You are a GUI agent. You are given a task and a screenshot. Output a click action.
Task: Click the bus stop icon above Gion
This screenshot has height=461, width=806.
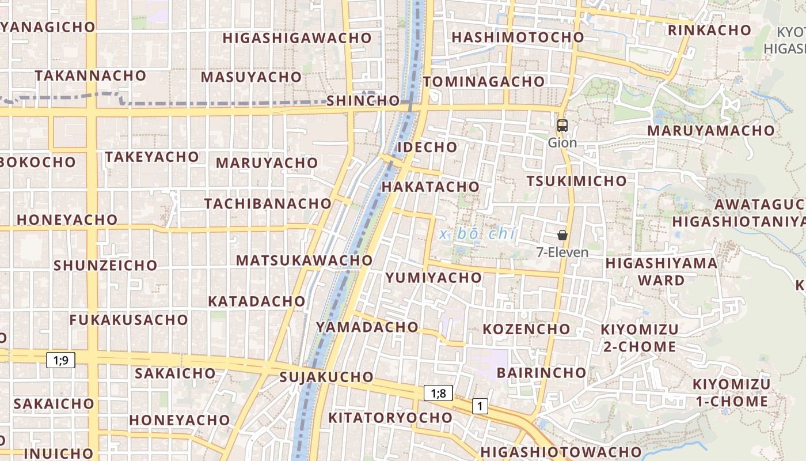[x=562, y=125]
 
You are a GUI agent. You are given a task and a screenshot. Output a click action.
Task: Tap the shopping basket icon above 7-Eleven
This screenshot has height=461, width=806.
[x=562, y=235]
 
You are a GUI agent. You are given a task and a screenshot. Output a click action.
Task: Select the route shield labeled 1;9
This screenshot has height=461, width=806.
[x=60, y=361]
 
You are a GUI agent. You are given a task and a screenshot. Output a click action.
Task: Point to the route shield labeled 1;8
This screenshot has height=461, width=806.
[x=438, y=394]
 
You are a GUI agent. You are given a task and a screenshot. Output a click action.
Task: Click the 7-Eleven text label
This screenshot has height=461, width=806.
[x=562, y=252]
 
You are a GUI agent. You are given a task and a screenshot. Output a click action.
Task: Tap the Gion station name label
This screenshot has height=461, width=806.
[x=562, y=142]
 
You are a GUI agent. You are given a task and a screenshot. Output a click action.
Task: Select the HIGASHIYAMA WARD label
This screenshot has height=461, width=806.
[x=661, y=272]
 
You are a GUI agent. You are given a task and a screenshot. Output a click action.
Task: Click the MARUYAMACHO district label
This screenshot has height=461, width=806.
[x=711, y=130]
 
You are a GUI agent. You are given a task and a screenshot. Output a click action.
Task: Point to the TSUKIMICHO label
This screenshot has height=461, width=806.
[x=576, y=181]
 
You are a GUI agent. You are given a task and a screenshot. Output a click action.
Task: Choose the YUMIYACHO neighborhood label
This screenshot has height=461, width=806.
[x=434, y=278]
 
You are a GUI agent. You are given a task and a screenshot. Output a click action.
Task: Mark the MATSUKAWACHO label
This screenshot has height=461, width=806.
[x=305, y=260]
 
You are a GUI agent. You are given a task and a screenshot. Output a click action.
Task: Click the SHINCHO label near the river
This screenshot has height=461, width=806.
[x=363, y=101]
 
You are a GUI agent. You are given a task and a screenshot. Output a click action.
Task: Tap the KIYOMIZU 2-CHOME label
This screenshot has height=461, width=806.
[x=640, y=338]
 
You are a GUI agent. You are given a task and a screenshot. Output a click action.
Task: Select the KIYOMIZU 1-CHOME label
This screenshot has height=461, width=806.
[x=731, y=393]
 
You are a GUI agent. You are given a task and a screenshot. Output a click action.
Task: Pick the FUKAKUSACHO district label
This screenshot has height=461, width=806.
[x=129, y=320]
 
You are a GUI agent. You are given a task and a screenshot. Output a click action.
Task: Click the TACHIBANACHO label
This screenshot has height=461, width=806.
[x=268, y=203]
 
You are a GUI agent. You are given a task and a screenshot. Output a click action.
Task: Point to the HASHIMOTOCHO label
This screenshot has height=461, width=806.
[x=518, y=37]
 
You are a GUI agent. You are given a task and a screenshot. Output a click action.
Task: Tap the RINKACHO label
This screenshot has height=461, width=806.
[x=709, y=30]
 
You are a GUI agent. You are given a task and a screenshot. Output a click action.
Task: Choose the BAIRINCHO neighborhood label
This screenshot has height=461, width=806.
[x=541, y=372]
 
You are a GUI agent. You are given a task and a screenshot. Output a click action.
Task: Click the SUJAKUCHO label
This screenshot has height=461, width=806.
[x=326, y=377]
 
